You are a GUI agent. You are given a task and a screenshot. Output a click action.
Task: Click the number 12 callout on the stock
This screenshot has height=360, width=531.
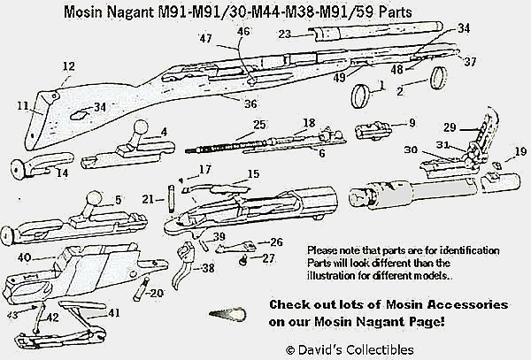pyautogui.click(x=68, y=66)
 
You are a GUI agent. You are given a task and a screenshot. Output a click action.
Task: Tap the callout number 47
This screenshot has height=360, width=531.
pyautogui.click(x=205, y=38)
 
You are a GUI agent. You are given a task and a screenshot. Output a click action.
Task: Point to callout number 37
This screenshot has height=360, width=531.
pyautogui.click(x=469, y=62)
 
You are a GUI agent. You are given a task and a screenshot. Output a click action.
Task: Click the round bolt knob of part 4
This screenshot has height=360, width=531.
pyautogui.click(x=140, y=125)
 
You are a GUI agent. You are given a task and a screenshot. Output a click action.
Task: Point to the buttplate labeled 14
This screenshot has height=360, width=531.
pyautogui.click(x=36, y=165)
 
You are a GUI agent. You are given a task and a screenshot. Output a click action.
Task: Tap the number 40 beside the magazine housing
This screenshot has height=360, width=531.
pyautogui.click(x=25, y=257)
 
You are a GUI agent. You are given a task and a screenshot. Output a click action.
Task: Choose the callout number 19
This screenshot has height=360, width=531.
pyautogui.click(x=519, y=151)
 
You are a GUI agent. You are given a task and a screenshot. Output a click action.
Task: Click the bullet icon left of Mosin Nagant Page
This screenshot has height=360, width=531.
pyautogui.click(x=226, y=314)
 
